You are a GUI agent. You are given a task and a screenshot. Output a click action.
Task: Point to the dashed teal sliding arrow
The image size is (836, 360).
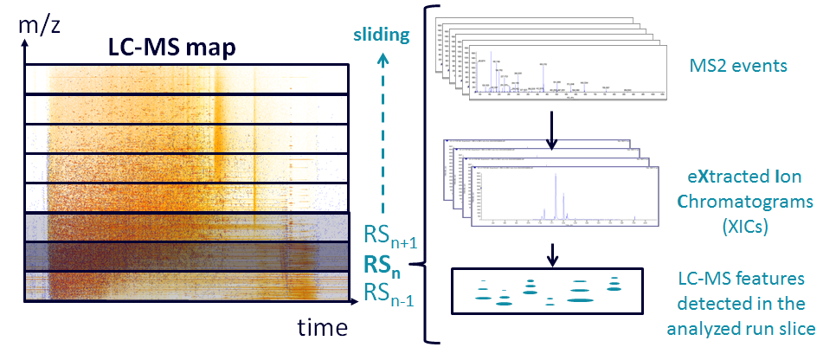click(384, 130)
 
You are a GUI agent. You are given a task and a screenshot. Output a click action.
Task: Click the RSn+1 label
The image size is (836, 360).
click(390, 235)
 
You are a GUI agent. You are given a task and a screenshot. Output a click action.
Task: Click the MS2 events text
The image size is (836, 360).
click(739, 67)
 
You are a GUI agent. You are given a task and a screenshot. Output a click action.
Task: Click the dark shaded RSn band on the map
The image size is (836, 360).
click(186, 256)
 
